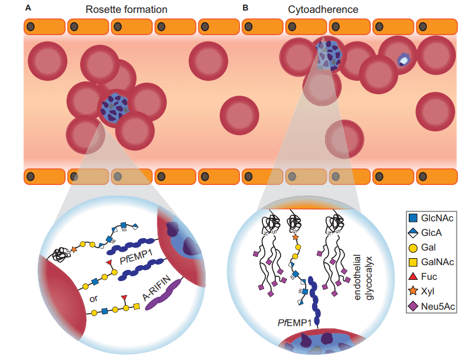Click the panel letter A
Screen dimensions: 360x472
tap(28, 8)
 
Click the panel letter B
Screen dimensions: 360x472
tap(245, 8)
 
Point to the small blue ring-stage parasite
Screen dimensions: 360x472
tap(403, 60)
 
